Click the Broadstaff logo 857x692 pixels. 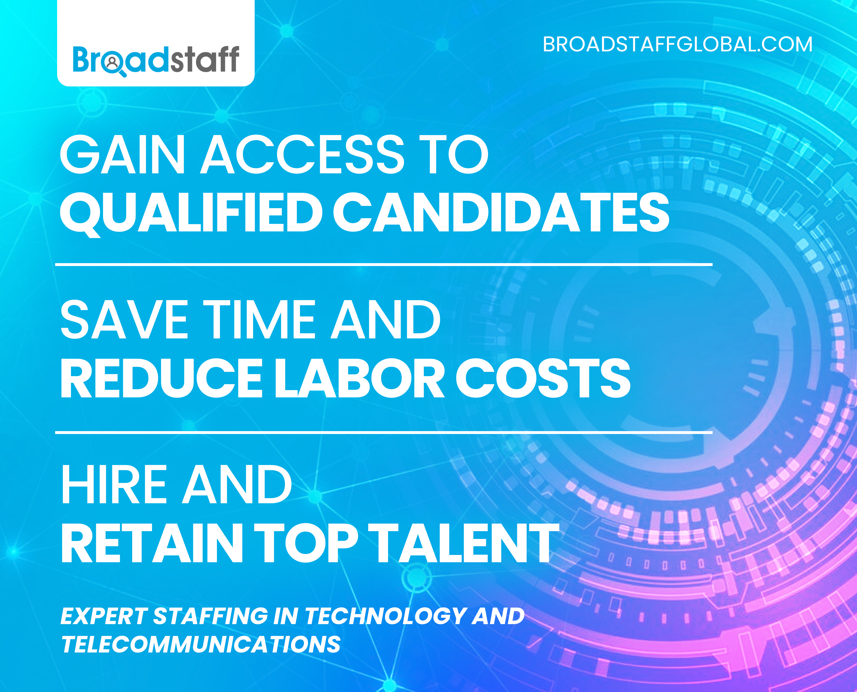coord(156,60)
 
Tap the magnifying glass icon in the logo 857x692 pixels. coord(114,65)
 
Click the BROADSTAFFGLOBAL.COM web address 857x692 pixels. coord(677,45)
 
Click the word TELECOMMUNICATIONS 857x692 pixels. coord(201,645)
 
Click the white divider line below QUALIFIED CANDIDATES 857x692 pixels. coord(383,264)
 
